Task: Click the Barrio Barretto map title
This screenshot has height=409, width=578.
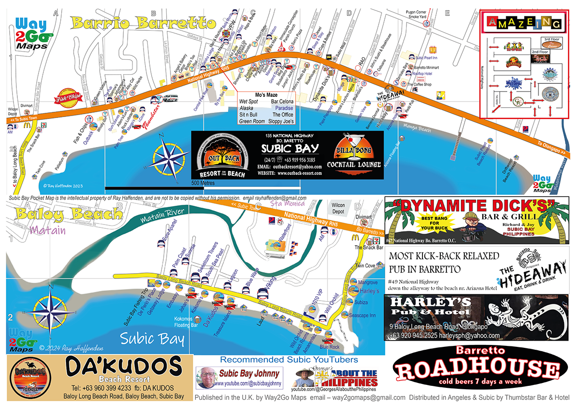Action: pyautogui.click(x=143, y=23)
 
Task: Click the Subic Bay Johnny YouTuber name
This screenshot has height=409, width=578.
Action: pyautogui.click(x=249, y=373)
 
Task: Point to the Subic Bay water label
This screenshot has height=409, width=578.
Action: pyautogui.click(x=152, y=339)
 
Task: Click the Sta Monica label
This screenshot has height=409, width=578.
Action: pyautogui.click(x=282, y=204)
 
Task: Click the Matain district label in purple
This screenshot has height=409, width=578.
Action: pyautogui.click(x=47, y=230)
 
